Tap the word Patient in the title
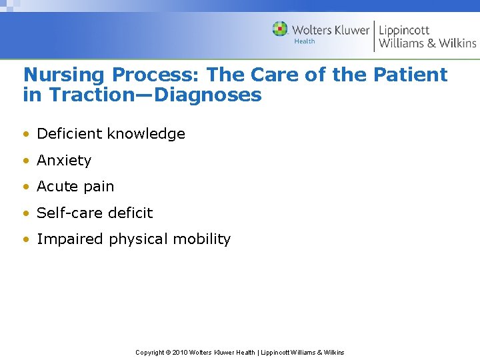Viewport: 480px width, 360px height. tap(411, 75)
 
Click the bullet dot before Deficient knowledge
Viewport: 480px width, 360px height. tap(25, 134)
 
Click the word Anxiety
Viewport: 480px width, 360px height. tap(64, 161)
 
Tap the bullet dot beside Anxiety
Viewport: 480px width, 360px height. tap(25, 161)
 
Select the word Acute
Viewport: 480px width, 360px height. tap(56, 187)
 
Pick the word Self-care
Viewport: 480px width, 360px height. tap(67, 213)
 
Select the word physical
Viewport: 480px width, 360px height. tap(136, 239)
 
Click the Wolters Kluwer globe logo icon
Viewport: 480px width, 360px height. tap(280, 29)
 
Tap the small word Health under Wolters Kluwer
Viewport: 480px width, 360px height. tap(305, 41)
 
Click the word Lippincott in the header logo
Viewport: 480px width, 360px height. tap(404, 30)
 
